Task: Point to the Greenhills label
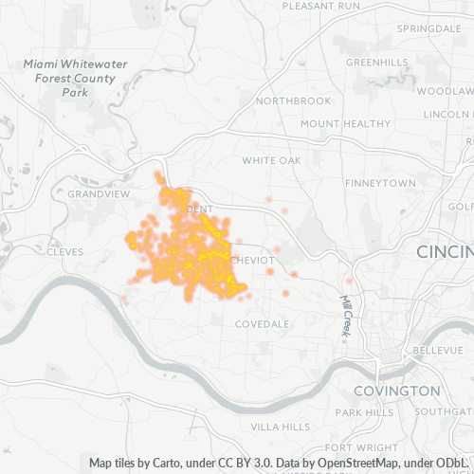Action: pos(376,63)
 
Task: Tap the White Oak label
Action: pos(270,161)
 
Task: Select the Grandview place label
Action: pos(98,193)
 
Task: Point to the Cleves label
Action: pos(64,252)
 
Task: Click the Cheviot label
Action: pos(253,260)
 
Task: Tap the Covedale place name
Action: pos(262,324)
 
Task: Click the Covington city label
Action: pos(396,391)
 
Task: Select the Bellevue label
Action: pos(437,351)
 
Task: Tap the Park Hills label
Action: pos(365,412)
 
